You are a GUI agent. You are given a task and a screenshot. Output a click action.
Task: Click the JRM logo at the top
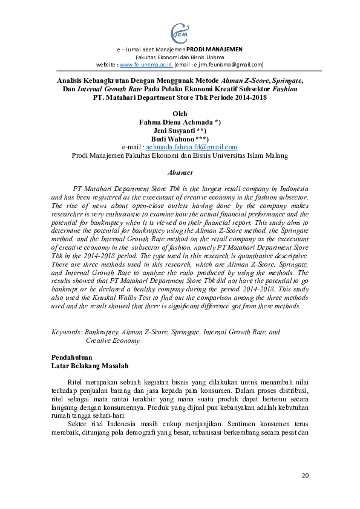pos(180,31)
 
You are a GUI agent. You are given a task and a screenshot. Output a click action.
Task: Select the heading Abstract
pos(180,172)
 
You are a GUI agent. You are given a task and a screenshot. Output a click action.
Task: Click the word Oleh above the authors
pos(180,113)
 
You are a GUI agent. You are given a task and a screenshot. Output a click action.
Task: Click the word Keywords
pos(67,332)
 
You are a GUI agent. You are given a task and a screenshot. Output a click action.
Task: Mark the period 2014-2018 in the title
pos(250,97)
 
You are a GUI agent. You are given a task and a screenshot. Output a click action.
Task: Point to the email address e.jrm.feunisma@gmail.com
pos(227,64)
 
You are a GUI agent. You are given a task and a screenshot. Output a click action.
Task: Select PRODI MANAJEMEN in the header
pos(214,48)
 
